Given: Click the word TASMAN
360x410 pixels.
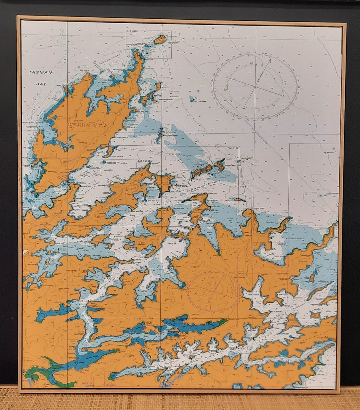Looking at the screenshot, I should (x=41, y=72).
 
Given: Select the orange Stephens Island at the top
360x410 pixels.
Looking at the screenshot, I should (x=160, y=39).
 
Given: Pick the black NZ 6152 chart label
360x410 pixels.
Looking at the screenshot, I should (x=233, y=148).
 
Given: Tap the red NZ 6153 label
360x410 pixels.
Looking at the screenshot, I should (x=111, y=385).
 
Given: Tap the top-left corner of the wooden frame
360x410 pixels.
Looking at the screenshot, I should (x=18, y=17).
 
